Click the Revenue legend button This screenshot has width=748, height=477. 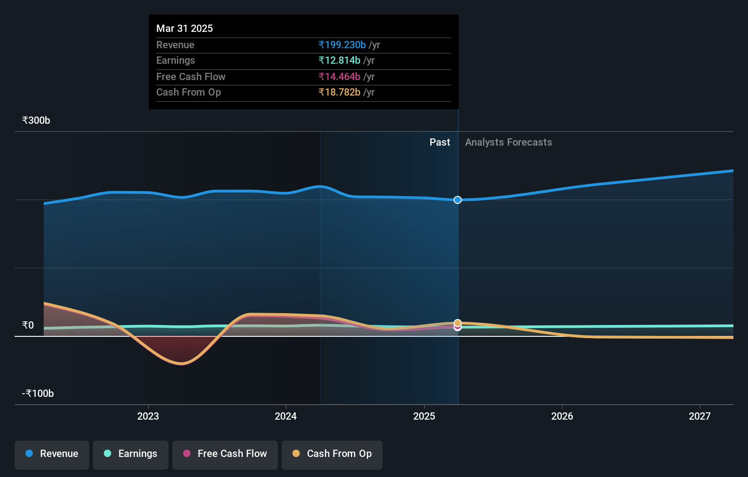pos(52,454)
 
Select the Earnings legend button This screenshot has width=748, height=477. pos(131,454)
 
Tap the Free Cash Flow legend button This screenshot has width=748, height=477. pos(225,454)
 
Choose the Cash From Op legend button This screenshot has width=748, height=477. pos(332,454)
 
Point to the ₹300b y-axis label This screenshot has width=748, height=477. pos(36,121)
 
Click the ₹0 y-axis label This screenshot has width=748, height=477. pos(28,325)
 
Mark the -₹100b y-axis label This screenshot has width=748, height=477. pos(38,394)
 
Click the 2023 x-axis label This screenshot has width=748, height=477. pos(148,416)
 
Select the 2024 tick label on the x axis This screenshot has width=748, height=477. pos(286,416)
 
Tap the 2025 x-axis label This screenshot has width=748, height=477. pos(424,416)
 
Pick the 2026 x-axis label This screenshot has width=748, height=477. pos(562,416)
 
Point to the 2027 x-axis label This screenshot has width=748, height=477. pos(700,416)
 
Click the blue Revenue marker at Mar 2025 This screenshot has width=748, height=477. pos(458,200)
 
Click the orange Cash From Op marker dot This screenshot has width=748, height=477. pos(458,323)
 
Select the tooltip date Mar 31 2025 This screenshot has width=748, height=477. pos(184,29)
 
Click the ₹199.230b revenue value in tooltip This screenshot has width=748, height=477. pos(342,45)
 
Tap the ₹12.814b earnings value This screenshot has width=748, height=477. pos(339,61)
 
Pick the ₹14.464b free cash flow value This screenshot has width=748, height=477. pos(339,77)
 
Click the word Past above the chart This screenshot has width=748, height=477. pos(440,142)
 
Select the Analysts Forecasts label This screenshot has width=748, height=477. pos(508,142)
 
